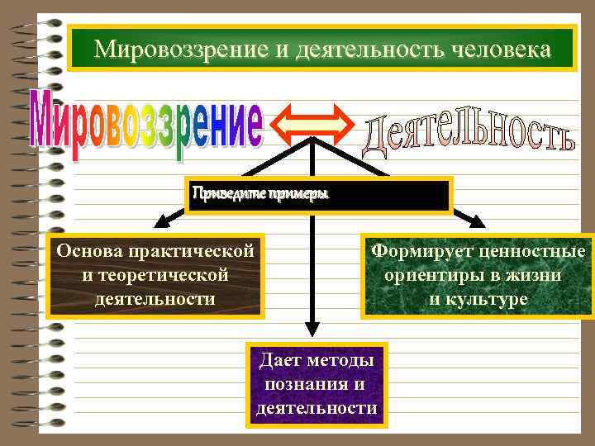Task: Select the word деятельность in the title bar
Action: coord(365,50)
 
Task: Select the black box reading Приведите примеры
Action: coord(318,195)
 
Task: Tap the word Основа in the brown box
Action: coord(88,249)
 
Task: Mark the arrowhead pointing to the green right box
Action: coord(478,221)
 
